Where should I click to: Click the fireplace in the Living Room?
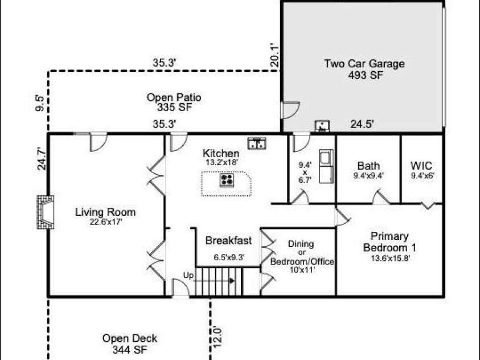click(46, 212)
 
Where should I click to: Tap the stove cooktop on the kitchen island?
click(227, 181)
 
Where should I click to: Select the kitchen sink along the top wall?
click(257, 144)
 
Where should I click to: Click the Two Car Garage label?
click(364, 64)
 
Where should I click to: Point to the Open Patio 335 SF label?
click(174, 102)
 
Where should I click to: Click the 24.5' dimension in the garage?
click(362, 124)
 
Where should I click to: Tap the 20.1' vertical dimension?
click(274, 55)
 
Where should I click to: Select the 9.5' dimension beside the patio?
click(40, 104)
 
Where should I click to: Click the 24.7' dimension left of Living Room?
click(42, 158)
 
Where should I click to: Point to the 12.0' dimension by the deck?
click(216, 337)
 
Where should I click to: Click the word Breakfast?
click(228, 240)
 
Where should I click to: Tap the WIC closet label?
click(421, 166)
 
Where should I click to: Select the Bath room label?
click(368, 166)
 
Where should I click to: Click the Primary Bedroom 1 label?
click(389, 242)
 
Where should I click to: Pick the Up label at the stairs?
click(188, 276)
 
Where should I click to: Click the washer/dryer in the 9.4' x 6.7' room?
click(326, 166)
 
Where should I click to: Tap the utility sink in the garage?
click(322, 126)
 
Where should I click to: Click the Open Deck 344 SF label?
click(130, 343)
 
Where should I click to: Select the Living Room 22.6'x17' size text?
click(106, 222)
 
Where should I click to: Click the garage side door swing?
click(290, 110)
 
